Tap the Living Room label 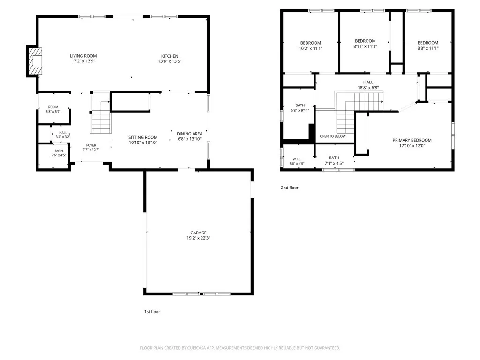click(83, 56)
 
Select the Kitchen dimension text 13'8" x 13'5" click(170, 61)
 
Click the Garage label click(198, 232)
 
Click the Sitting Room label click(143, 137)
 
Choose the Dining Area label click(189, 134)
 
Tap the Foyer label click(91, 145)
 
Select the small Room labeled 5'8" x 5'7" click(53, 109)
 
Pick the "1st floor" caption click(152, 312)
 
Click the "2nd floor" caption click(290, 187)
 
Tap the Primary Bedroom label click(412, 140)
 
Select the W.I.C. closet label click(297, 159)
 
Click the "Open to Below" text click(333, 136)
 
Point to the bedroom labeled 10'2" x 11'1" click(311, 45)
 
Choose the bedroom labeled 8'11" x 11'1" click(365, 44)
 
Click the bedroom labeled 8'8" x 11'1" click(428, 45)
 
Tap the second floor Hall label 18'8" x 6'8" click(368, 82)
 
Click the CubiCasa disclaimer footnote click(240, 348)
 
